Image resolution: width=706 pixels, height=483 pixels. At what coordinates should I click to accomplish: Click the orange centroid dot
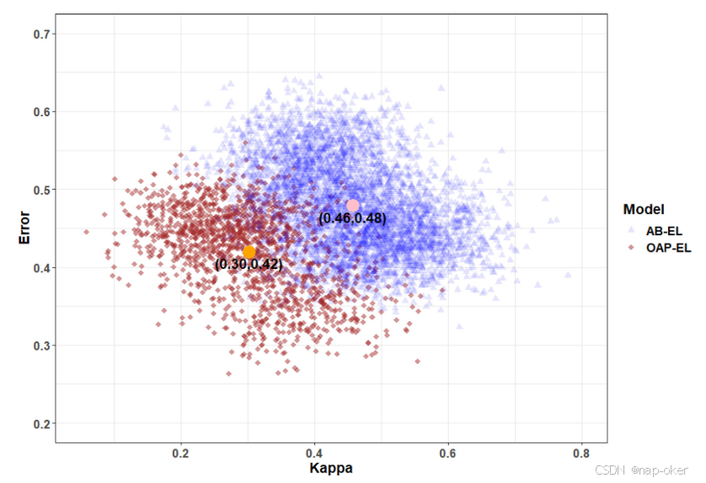click(249, 252)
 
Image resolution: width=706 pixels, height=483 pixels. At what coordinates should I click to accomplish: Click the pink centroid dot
click(353, 206)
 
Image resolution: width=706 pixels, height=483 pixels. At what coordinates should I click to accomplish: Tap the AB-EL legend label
click(664, 231)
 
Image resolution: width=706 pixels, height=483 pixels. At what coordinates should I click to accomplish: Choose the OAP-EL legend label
click(669, 248)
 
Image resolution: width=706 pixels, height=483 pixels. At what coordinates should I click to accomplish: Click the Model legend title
click(644, 209)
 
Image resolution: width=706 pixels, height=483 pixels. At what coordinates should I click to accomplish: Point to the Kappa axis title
click(331, 468)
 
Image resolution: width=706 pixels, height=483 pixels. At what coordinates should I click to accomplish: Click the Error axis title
click(24, 228)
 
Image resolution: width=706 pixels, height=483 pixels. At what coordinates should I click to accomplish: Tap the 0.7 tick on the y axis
click(42, 34)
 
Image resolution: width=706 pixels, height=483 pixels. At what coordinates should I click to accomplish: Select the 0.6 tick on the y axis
click(42, 112)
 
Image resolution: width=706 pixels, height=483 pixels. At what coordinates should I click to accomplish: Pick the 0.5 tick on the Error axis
click(42, 190)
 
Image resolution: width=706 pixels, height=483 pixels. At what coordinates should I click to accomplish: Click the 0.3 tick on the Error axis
click(42, 346)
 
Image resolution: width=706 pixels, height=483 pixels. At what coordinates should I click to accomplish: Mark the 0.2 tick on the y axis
click(42, 423)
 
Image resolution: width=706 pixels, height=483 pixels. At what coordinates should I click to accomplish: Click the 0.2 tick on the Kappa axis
click(181, 453)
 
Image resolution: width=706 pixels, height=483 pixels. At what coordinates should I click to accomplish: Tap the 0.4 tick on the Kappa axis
click(315, 453)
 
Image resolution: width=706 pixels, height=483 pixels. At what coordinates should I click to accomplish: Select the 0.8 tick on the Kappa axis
click(581, 453)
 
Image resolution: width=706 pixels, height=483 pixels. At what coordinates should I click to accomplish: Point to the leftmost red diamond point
click(87, 232)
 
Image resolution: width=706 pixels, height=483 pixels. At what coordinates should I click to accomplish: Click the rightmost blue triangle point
click(568, 275)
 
